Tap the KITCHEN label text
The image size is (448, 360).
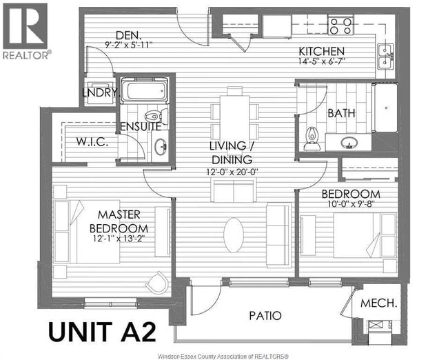321,52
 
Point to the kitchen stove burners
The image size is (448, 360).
339,26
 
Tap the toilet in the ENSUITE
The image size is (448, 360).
154,115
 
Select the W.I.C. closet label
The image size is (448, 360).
90,143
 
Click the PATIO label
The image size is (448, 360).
265,316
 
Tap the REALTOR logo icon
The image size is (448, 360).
25,26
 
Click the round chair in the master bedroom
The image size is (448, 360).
158,281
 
